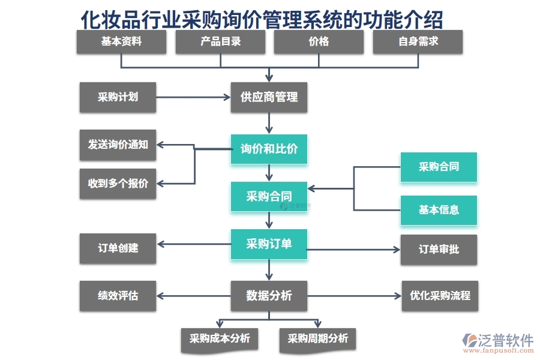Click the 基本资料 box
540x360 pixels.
(121, 42)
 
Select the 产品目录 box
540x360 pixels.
(220, 42)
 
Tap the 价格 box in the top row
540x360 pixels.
(319, 42)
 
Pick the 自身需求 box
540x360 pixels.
(418, 42)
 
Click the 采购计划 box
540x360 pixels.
(118, 97)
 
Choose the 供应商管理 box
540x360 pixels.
(269, 97)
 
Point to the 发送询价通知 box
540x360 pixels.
(118, 145)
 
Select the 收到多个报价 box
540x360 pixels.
(118, 184)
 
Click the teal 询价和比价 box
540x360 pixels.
(269, 149)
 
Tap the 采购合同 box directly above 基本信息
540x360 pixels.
(439, 167)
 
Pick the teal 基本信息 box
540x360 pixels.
(439, 210)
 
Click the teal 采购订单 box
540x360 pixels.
(269, 244)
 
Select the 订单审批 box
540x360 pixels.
(439, 249)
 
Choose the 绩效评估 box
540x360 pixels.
(118, 296)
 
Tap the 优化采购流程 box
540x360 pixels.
(440, 296)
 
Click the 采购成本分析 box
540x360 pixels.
(220, 338)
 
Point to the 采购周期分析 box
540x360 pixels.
(317, 338)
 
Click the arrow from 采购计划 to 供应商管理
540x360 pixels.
(193, 97)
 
